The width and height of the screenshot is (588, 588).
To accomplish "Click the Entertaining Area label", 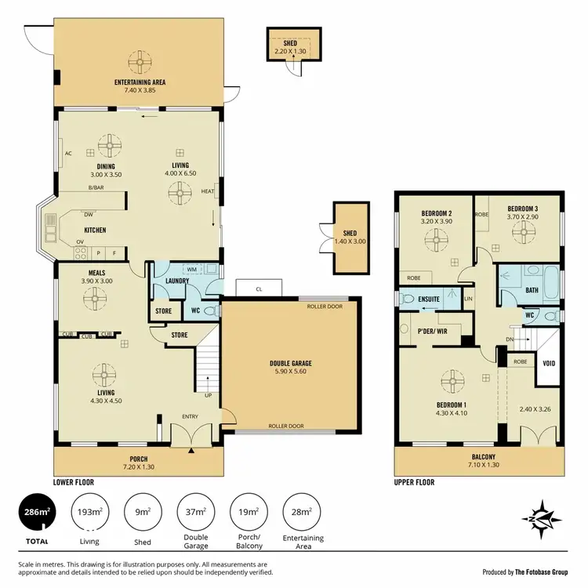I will (x=140, y=82).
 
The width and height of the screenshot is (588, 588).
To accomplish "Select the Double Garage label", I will (x=291, y=364).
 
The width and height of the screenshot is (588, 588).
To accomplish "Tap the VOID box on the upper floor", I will (x=549, y=364).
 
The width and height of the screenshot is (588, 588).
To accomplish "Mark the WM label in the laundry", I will (x=191, y=269).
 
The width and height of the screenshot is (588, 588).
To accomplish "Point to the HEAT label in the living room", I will (x=207, y=191).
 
